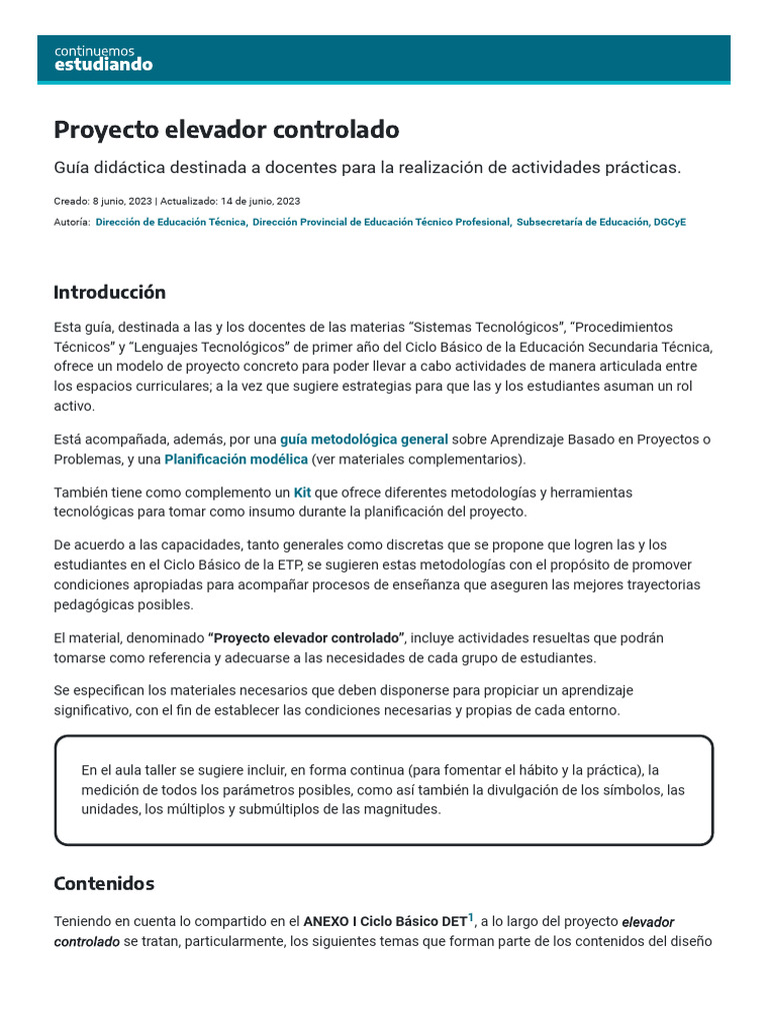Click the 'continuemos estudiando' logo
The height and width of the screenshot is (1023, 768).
(103, 58)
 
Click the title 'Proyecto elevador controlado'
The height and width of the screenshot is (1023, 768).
(226, 130)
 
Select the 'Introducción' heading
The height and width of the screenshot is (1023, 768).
(109, 292)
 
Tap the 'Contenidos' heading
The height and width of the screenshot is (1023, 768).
(104, 883)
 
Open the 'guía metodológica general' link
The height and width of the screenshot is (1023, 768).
(364, 440)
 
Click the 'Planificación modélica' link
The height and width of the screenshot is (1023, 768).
(236, 460)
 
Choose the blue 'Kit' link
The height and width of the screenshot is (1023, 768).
(302, 493)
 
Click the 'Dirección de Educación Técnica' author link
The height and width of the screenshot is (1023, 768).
(171, 223)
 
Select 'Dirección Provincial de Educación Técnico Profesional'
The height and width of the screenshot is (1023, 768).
(382, 223)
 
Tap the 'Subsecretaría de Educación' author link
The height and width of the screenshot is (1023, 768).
(582, 223)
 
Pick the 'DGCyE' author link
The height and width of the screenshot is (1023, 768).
(670, 223)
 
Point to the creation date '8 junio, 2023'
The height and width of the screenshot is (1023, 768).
(121, 201)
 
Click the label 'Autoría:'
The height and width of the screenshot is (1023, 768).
(72, 223)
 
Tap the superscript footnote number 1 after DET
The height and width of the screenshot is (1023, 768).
(471, 917)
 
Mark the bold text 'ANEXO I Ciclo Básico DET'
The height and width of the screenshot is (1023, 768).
(385, 922)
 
